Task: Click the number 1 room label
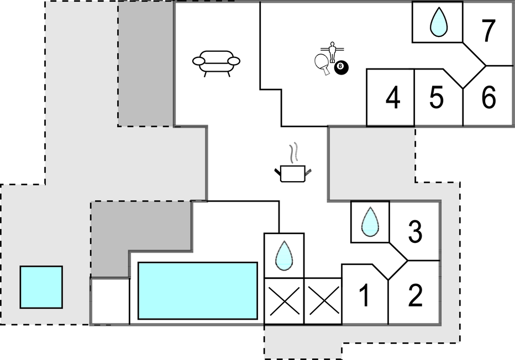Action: (x=364, y=295)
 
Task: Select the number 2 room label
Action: (x=415, y=295)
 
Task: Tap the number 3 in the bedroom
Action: (x=415, y=232)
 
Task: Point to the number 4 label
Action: (x=393, y=98)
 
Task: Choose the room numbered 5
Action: (x=437, y=98)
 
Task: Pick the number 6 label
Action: (x=488, y=98)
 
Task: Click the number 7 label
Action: (x=488, y=30)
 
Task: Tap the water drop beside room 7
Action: (x=439, y=22)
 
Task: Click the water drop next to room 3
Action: (x=370, y=222)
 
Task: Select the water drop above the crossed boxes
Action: (x=284, y=256)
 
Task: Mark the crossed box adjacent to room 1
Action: (x=323, y=301)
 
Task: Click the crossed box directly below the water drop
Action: (x=284, y=301)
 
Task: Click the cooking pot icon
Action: (x=293, y=173)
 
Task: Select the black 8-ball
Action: (x=341, y=67)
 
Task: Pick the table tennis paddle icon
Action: (x=322, y=63)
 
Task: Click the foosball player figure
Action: (x=333, y=52)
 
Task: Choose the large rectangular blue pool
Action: (x=198, y=291)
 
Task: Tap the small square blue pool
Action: (x=41, y=287)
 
